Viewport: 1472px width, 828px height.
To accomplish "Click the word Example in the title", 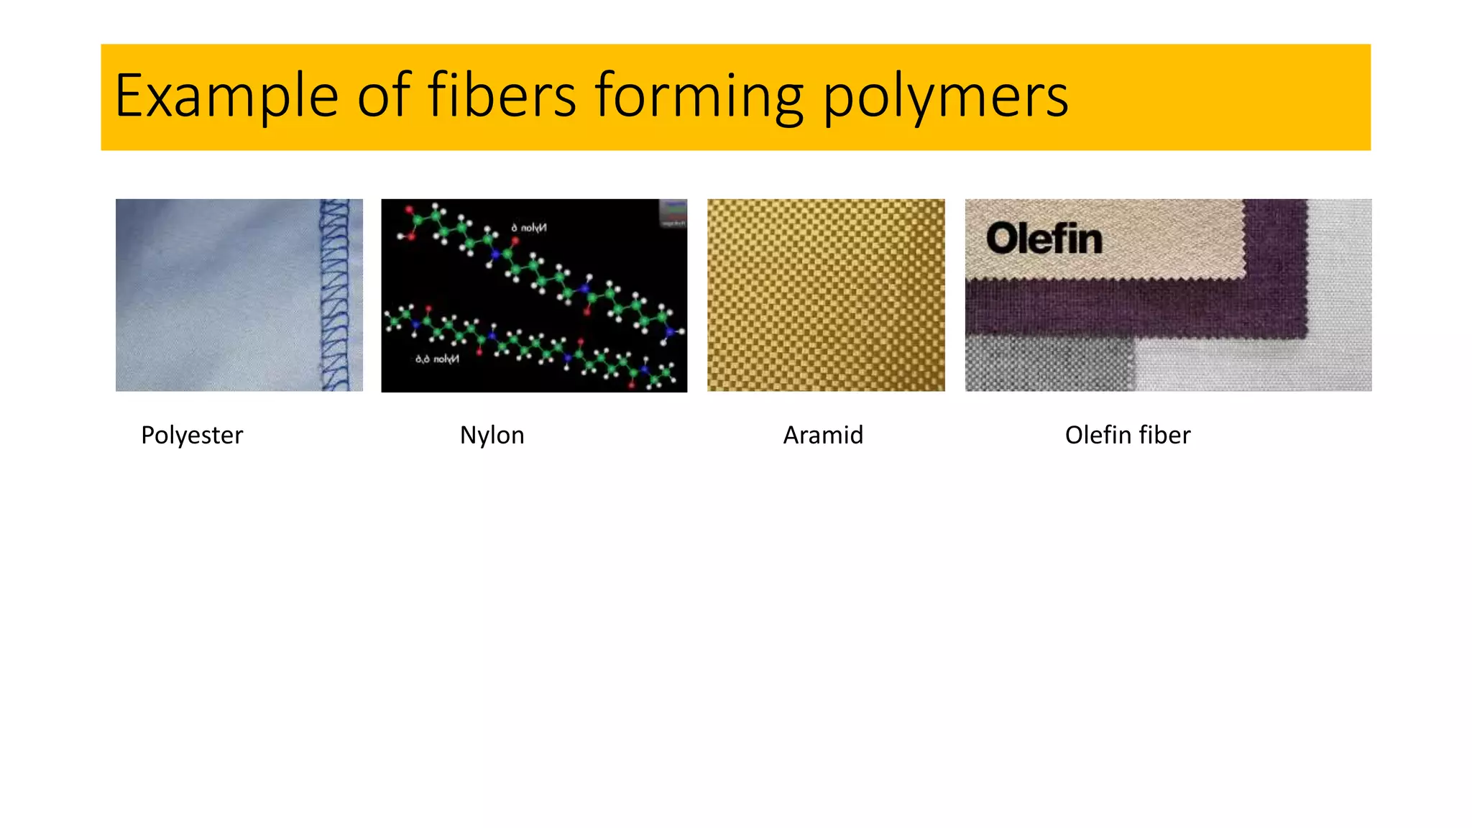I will (226, 96).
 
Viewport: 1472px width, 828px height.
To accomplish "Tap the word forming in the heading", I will (699, 96).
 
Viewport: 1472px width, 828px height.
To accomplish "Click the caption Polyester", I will (192, 435).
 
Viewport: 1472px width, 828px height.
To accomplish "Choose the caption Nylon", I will (492, 435).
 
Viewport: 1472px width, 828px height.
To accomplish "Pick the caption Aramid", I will (823, 435).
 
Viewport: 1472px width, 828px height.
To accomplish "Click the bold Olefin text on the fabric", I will (1044, 239).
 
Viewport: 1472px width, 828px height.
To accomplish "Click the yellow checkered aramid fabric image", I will (826, 295).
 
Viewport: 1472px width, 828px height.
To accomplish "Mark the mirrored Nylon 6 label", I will (529, 228).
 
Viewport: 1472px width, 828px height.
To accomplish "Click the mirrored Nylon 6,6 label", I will (437, 359).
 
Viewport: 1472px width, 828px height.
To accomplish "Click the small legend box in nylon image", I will (673, 214).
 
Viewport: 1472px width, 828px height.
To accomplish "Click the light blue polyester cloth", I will (216, 295).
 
